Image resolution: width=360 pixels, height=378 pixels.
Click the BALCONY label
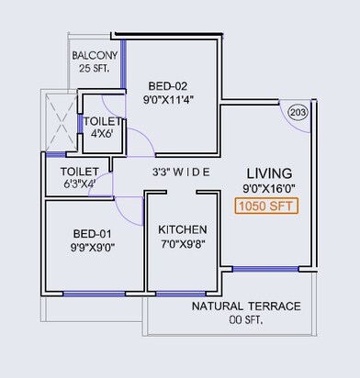click(95, 54)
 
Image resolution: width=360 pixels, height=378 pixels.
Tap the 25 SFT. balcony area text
click(95, 69)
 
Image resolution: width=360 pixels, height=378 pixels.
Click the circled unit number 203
click(298, 112)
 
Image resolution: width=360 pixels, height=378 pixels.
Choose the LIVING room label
click(269, 172)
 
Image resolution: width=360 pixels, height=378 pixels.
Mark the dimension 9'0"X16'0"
click(269, 189)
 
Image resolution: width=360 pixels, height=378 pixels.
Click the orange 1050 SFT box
click(268, 206)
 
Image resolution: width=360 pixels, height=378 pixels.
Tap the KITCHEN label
click(182, 229)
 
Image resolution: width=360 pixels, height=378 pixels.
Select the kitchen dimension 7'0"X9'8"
click(182, 245)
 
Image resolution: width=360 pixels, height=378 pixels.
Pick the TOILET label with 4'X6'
click(100, 121)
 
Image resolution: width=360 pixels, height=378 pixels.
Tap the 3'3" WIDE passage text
click(181, 172)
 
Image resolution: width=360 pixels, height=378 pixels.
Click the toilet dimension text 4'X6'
click(100, 134)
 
